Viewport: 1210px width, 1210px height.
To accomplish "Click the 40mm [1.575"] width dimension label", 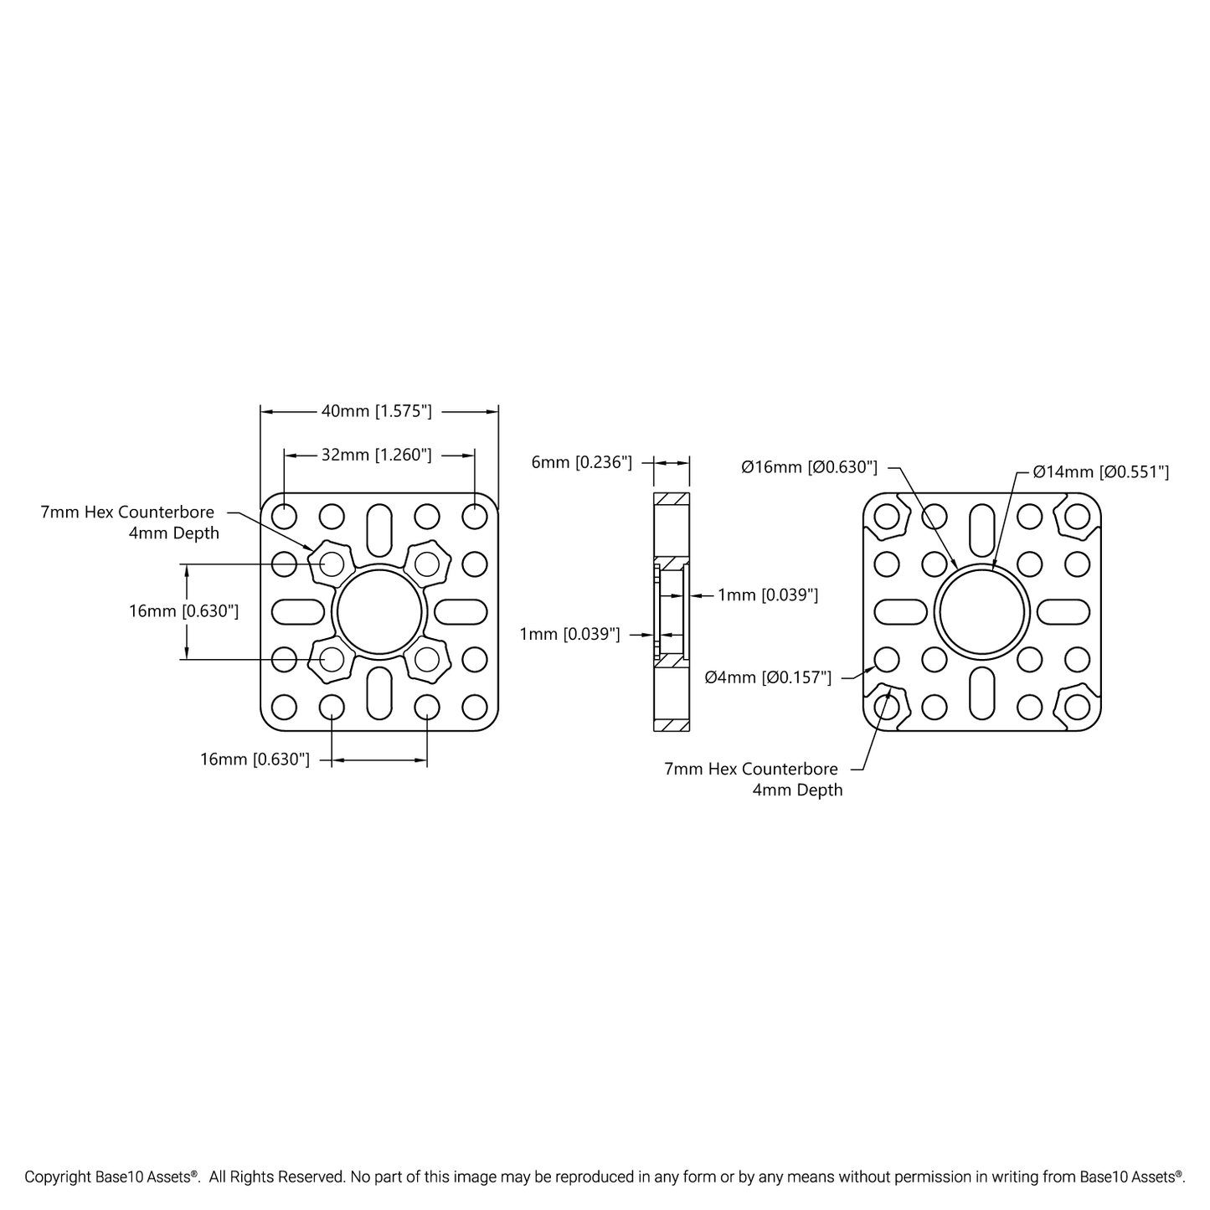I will pos(377,411).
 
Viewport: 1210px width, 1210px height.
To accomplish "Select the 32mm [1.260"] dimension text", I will pos(377,455).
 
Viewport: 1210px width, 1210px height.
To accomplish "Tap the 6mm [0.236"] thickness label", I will pos(581,462).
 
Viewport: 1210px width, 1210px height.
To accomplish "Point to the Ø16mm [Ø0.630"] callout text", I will pos(809,467).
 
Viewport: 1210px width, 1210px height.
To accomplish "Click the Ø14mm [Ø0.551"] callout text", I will pos(1100,472).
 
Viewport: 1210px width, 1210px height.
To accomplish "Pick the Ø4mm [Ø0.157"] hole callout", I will pos(768,677).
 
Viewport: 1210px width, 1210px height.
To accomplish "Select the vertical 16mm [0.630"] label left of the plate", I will pos(183,611).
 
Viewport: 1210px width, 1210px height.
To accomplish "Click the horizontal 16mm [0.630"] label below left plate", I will pos(255,759).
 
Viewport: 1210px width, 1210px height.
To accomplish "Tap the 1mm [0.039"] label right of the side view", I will pos(767,595).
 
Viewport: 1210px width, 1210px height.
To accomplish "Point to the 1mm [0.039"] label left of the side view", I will pos(569,634).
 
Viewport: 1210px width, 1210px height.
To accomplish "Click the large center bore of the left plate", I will pos(379,612).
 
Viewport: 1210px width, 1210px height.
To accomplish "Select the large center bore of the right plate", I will pos(981,612).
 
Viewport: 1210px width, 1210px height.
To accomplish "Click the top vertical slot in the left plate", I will pos(379,529).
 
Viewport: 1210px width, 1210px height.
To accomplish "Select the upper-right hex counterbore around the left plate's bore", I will pos(427,564).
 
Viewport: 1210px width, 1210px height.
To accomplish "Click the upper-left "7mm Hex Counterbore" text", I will pos(127,512).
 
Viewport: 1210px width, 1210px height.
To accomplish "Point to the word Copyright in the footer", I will pos(58,1177).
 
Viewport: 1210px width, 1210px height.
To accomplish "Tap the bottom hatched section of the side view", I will pos(671,723).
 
